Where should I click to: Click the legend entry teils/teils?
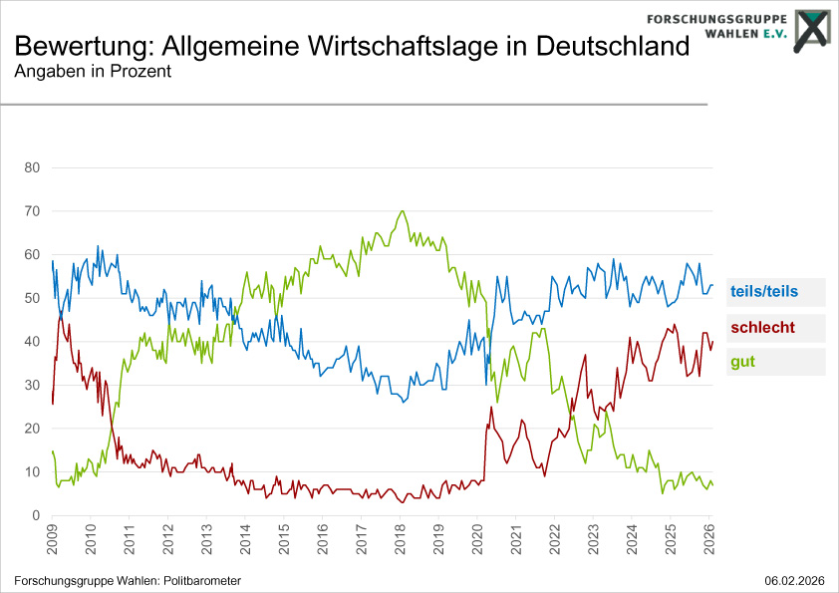tap(764, 292)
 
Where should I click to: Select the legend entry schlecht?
tap(762, 327)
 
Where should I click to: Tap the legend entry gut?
tap(742, 362)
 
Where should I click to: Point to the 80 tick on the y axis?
tap(31, 167)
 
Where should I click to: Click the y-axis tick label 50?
tap(31, 298)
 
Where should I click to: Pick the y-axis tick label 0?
tap(35, 515)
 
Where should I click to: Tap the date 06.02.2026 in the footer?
tap(795, 581)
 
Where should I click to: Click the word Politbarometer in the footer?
tap(194, 581)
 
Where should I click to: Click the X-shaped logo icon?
tap(812, 28)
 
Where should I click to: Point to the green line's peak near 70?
tap(402, 211)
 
